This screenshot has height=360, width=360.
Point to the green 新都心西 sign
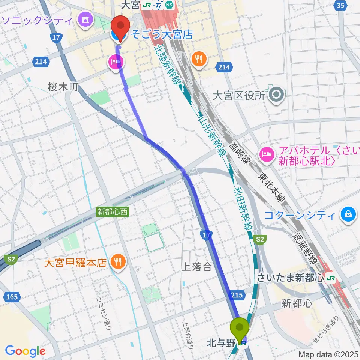point(112,212)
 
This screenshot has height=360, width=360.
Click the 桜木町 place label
point(63,87)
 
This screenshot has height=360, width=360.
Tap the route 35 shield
point(340,5)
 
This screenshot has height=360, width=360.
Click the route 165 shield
point(12,297)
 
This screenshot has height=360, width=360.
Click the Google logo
point(25,351)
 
